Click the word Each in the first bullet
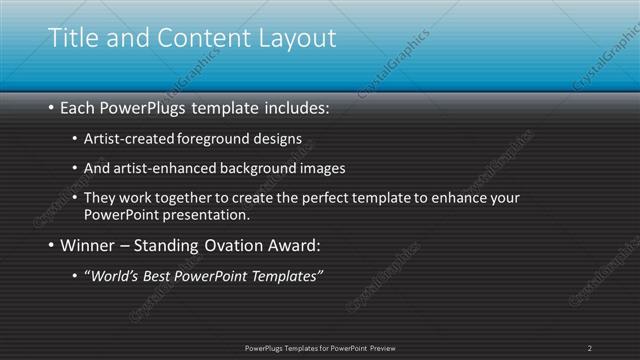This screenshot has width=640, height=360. pyautogui.click(x=79, y=107)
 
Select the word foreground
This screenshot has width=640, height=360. pyautogui.click(x=219, y=137)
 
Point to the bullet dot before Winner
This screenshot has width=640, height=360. pyautogui.click(x=52, y=246)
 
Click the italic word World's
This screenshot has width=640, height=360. pyautogui.click(x=115, y=275)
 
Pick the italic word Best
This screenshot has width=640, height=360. pyautogui.click(x=158, y=275)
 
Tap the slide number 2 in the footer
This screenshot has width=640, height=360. pyautogui.click(x=590, y=347)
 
